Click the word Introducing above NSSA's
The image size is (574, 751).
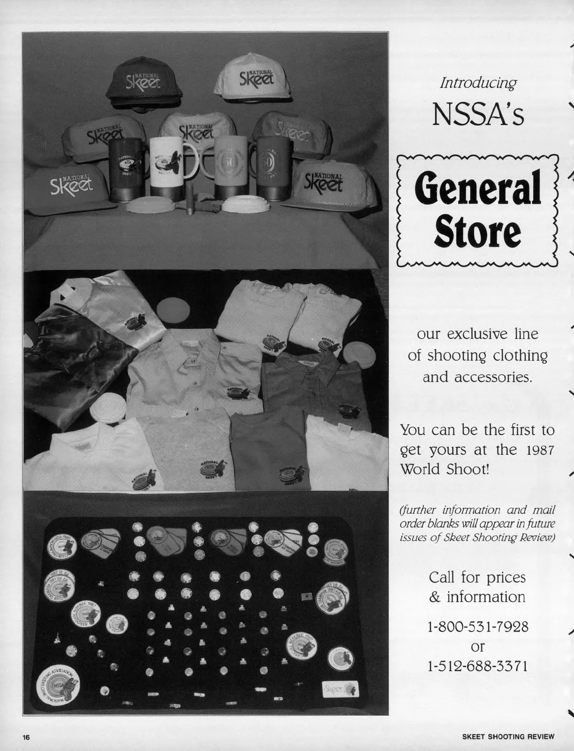click(x=478, y=83)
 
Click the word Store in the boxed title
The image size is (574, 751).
click(x=477, y=232)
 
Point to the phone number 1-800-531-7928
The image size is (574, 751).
click(x=477, y=626)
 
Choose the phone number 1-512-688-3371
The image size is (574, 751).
click(x=477, y=665)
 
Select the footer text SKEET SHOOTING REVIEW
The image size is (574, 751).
click(x=508, y=737)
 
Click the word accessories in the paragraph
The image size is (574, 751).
click(x=477, y=377)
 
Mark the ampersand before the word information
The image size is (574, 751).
click(x=435, y=598)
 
